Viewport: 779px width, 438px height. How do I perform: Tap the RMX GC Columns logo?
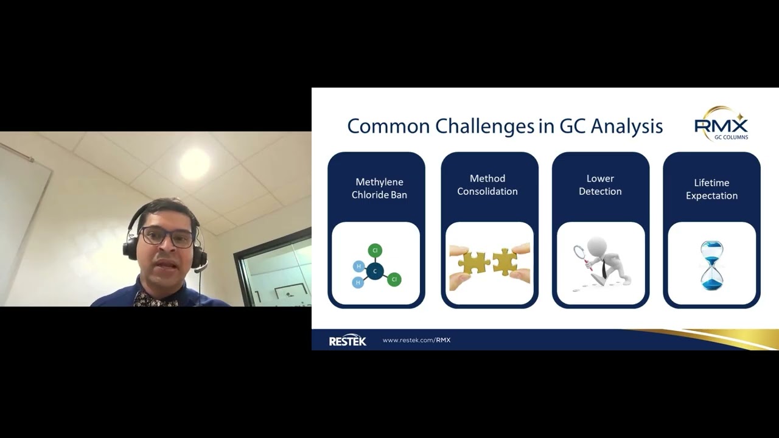722,125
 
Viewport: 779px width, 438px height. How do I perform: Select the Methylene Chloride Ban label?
379,189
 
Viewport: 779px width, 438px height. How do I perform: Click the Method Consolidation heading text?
487,185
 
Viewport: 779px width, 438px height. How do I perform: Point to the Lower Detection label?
600,185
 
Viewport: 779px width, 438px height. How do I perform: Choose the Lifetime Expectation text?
711,189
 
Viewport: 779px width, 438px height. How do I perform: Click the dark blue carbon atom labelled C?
375,271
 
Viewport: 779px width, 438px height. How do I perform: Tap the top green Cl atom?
375,250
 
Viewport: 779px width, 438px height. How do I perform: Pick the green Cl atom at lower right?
394,279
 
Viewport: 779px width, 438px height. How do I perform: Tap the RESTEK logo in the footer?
348,341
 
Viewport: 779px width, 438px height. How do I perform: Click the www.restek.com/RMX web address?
416,340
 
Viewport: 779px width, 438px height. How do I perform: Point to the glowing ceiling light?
194,164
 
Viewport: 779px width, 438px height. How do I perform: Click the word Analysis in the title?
627,126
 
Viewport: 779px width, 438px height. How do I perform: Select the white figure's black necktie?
603,268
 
